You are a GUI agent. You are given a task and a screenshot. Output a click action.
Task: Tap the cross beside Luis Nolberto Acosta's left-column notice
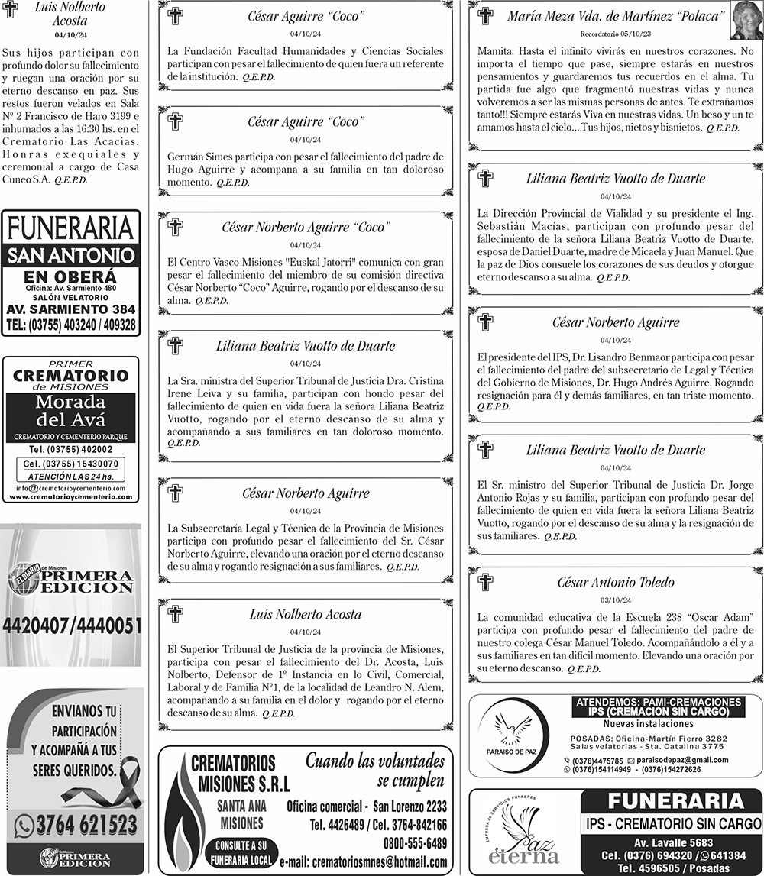point(10,15)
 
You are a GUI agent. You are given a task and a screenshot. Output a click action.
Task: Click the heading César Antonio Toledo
point(615,583)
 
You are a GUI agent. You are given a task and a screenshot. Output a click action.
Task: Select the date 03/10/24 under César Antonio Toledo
point(615,600)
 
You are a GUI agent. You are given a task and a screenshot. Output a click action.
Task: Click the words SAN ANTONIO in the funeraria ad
point(71,256)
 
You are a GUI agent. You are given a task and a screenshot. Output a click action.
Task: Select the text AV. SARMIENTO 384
point(71,310)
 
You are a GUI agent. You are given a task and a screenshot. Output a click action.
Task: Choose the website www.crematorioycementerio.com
point(71,497)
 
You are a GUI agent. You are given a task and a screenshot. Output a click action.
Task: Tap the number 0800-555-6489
point(415,842)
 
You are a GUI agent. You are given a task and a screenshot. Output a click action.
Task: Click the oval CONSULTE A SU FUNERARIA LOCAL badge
point(241,852)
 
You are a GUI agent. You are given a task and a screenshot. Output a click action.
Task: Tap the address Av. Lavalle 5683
point(673,843)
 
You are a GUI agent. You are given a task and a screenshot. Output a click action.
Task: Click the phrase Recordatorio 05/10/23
point(615,34)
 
